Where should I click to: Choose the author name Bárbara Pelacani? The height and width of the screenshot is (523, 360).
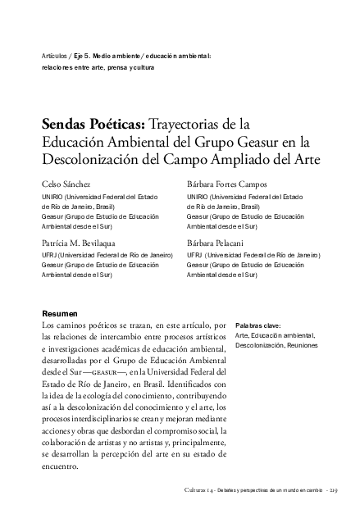pyautogui.click(x=215, y=244)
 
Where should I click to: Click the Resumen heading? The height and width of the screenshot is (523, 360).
pyautogui.click(x=59, y=314)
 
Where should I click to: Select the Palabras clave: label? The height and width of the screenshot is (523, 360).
pyautogui.click(x=257, y=325)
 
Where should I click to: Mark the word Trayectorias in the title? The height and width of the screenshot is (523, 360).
pyautogui.click(x=188, y=125)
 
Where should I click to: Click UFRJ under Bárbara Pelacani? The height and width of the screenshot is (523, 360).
pyautogui.click(x=197, y=255)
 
